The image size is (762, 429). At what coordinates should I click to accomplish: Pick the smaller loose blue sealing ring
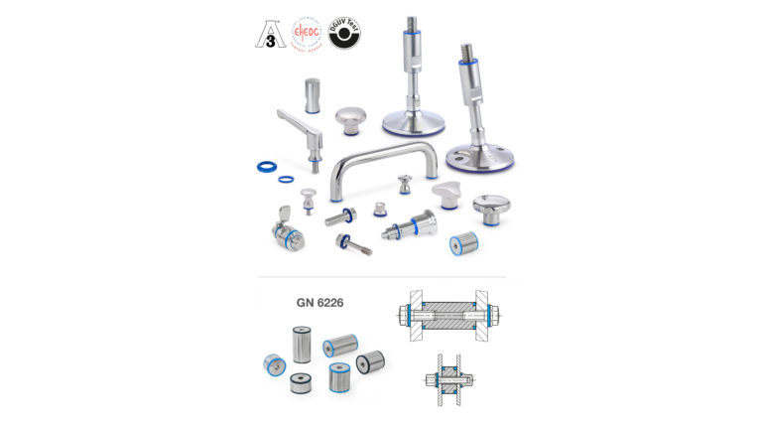coord(286,180)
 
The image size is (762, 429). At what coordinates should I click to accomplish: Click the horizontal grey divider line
coord(381,277)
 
